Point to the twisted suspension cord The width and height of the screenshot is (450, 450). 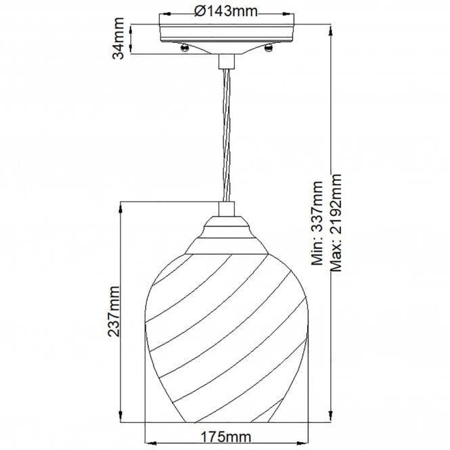click(225, 135)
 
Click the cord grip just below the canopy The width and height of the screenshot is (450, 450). click(225, 63)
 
